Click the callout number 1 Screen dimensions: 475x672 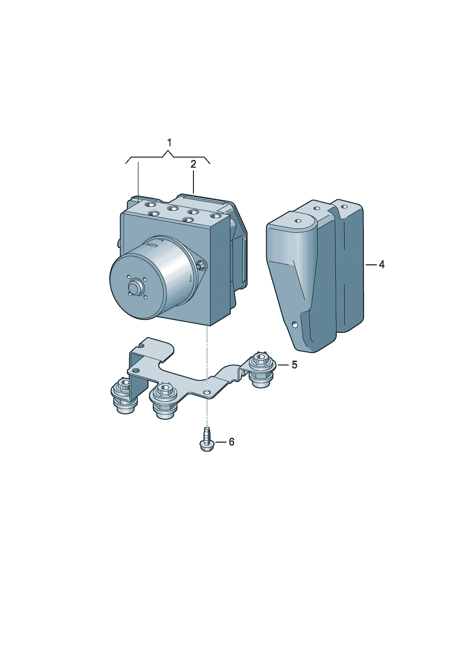(x=169, y=143)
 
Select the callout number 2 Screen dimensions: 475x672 (x=193, y=164)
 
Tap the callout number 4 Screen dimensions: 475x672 (x=382, y=264)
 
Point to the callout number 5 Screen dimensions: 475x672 (x=294, y=365)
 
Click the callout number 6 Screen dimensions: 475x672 (x=231, y=442)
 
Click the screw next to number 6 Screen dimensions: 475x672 (x=206, y=440)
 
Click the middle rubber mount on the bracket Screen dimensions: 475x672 (x=164, y=400)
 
